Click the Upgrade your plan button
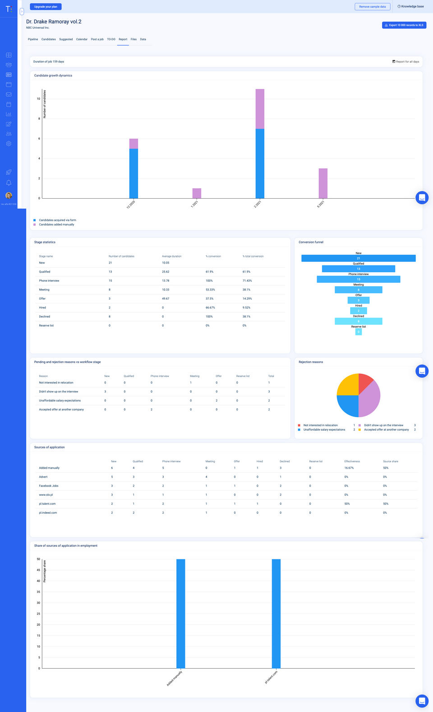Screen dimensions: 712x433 click(x=46, y=7)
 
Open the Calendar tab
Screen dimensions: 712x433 click(x=82, y=39)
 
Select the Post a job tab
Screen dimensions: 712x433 click(x=97, y=39)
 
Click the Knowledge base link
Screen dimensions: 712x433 click(x=410, y=7)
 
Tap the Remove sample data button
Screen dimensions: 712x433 click(x=372, y=7)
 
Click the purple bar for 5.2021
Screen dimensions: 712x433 click(x=323, y=183)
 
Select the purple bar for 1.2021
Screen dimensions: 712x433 click(x=197, y=193)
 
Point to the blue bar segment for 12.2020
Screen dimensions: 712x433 click(x=134, y=173)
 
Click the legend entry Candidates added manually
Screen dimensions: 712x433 click(x=56, y=224)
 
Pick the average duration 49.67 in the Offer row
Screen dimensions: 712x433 click(x=166, y=298)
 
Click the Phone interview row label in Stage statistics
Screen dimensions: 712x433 click(x=49, y=281)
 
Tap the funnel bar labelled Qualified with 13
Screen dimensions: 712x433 click(x=359, y=269)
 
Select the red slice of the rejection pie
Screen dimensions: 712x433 click(x=365, y=382)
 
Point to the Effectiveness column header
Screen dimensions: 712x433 click(x=352, y=461)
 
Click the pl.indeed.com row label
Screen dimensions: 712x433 click(x=48, y=513)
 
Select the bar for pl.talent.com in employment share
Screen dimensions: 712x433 click(x=276, y=614)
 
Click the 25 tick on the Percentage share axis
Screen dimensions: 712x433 click(x=38, y=614)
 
